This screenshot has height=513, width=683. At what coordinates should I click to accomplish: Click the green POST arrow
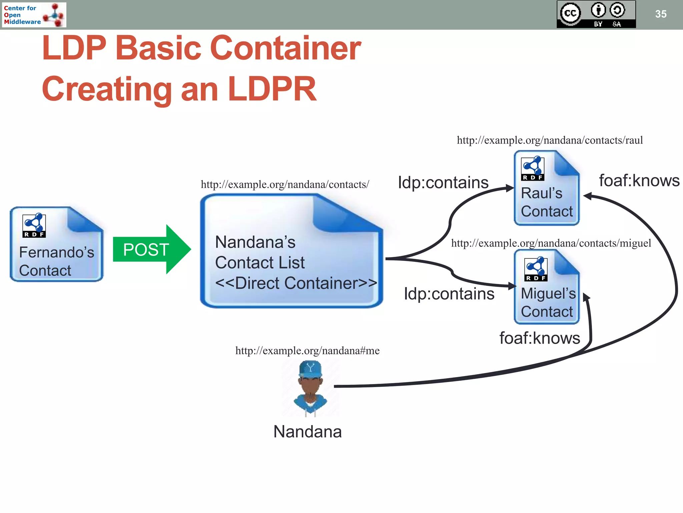(x=150, y=249)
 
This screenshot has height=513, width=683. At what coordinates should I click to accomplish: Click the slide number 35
(x=661, y=14)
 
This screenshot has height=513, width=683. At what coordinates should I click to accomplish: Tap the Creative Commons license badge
(x=596, y=14)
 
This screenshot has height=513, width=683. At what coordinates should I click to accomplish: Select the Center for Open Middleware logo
(x=34, y=15)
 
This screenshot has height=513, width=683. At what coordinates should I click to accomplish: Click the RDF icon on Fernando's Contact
(x=34, y=225)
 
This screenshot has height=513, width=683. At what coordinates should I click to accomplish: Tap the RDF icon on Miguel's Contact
(x=536, y=269)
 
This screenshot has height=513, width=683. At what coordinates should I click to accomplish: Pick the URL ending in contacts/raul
(x=550, y=140)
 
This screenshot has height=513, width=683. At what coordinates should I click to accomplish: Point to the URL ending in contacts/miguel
(x=551, y=243)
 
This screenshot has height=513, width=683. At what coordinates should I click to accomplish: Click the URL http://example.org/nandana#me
(x=307, y=351)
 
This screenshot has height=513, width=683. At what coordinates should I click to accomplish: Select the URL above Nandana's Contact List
(x=285, y=185)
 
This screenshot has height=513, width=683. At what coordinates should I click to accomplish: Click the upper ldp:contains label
(x=443, y=183)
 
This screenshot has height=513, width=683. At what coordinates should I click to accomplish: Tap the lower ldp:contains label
(x=449, y=294)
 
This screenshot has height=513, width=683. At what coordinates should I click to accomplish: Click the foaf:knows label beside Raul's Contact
(x=639, y=181)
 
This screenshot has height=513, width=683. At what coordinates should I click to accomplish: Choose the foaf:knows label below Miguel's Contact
(x=539, y=338)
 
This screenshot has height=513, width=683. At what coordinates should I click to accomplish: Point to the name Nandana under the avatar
(x=307, y=432)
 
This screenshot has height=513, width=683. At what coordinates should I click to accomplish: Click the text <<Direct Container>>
(x=296, y=283)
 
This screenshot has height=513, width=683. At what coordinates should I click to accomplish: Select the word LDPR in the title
(x=272, y=89)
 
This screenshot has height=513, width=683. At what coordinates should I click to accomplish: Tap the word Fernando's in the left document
(x=57, y=252)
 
